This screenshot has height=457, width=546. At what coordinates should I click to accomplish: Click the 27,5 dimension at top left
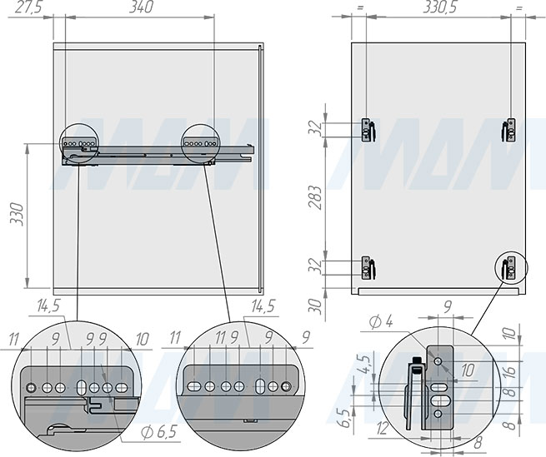28,7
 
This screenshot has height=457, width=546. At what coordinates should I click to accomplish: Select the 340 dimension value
141,7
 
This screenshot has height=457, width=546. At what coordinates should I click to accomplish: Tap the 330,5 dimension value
439,7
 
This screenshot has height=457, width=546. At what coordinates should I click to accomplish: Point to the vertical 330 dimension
17,215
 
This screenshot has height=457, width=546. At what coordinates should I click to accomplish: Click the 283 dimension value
316,197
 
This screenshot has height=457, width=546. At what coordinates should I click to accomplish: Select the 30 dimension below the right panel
316,306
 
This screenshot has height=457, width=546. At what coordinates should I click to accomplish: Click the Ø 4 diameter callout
381,322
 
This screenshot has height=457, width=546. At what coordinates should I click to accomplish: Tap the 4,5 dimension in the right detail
366,365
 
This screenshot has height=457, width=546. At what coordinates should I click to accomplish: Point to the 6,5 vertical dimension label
345,418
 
